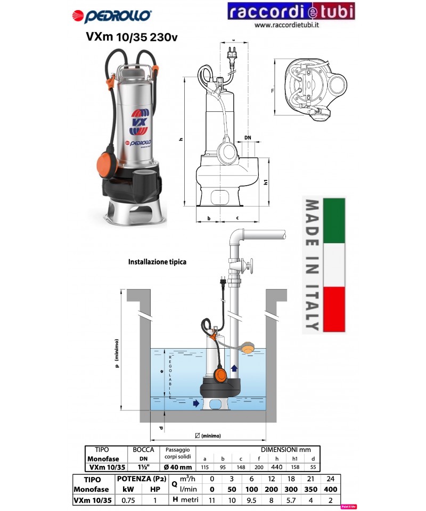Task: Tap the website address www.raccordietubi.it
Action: pos(291,26)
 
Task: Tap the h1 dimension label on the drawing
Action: pos(265,182)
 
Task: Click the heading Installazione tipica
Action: pos(157,262)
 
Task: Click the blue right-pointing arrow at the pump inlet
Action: pos(196,403)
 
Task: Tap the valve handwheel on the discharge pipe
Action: pos(253,265)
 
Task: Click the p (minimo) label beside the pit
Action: pos(116,362)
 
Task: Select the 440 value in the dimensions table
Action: pos(276,467)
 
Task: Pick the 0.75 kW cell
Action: pos(128,500)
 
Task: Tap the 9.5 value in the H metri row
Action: pos(252,500)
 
